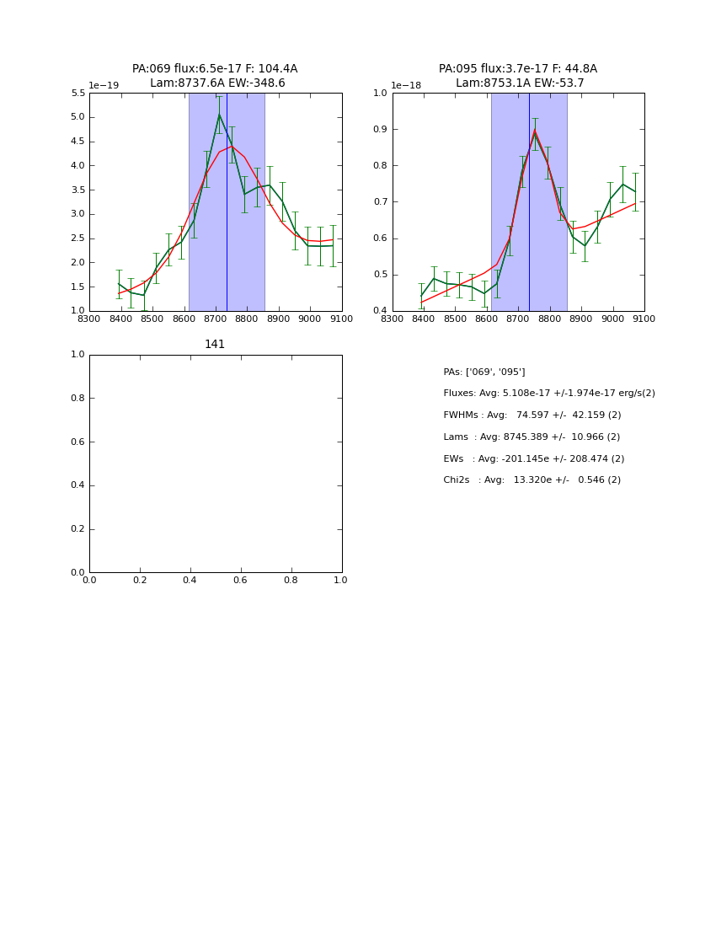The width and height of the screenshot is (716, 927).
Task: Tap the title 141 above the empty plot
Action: [215, 344]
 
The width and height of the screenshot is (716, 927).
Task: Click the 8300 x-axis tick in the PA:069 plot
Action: [89, 319]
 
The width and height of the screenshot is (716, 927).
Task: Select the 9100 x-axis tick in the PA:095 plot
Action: [644, 319]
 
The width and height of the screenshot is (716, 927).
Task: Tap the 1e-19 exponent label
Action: [104, 85]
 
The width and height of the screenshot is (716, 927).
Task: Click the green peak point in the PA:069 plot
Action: [219, 115]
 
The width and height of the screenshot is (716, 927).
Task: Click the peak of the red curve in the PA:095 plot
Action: [534, 130]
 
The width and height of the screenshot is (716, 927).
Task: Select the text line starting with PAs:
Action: [484, 372]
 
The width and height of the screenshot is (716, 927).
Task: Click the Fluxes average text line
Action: [549, 394]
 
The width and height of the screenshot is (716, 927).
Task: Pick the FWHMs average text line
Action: [532, 415]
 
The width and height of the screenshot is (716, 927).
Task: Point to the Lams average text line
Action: [532, 437]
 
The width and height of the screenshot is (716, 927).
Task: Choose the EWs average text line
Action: [534, 459]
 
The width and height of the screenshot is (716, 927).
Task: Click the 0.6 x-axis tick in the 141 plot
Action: [240, 580]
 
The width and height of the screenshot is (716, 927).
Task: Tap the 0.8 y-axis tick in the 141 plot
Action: [77, 398]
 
